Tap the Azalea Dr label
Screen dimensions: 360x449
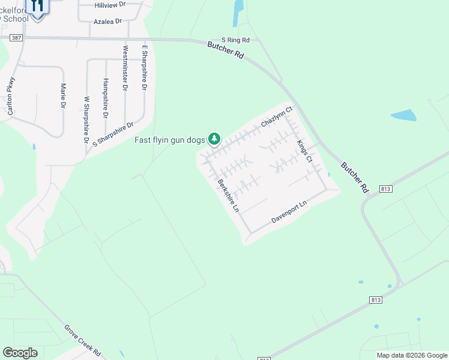pyautogui.click(x=107, y=21)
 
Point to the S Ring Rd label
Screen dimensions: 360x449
pyautogui.click(x=235, y=40)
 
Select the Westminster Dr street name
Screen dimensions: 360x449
pyautogui.click(x=125, y=68)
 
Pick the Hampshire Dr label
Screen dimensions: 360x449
pyautogui.click(x=106, y=98)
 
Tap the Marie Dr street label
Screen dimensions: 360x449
pyautogui.click(x=63, y=95)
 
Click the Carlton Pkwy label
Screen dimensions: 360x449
pyautogui.click(x=10, y=95)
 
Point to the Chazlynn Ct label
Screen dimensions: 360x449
pyautogui.click(x=276, y=117)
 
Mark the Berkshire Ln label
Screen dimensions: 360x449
pyautogui.click(x=229, y=196)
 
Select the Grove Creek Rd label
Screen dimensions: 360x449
pyautogui.click(x=82, y=340)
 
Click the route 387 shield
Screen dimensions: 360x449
pyautogui.click(x=16, y=37)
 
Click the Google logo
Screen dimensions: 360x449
pyautogui.click(x=20, y=353)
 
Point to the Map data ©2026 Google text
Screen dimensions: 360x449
pyautogui.click(x=411, y=355)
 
